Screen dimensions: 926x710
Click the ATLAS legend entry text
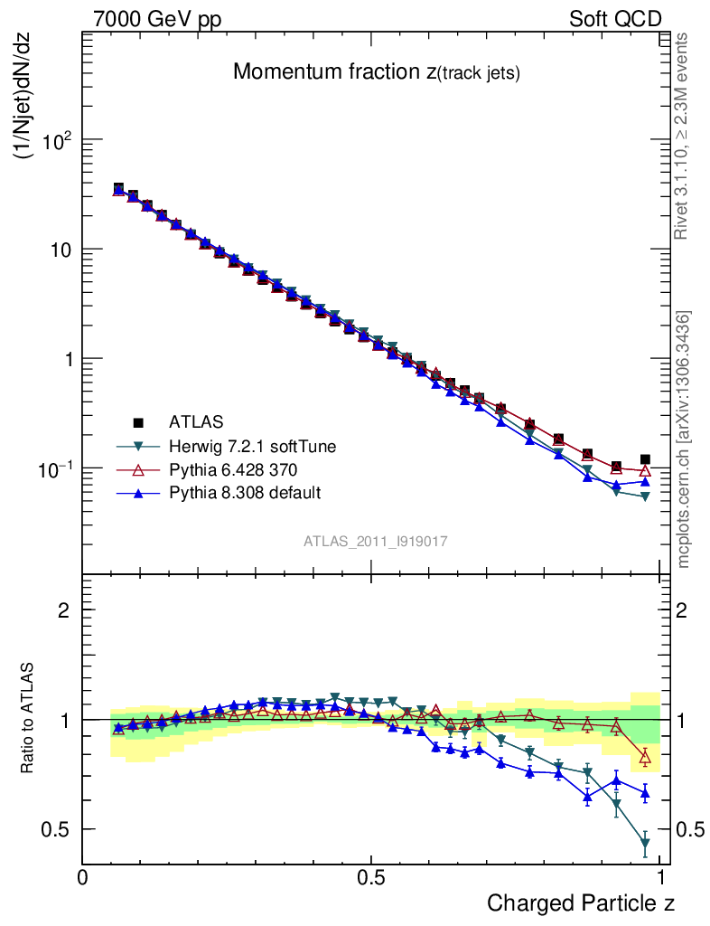point(195,421)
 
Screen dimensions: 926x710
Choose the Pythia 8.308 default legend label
point(244,493)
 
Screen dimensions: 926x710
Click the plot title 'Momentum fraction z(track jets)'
point(376,72)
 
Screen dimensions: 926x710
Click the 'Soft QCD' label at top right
point(615,19)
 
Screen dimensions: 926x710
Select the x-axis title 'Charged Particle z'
point(581,902)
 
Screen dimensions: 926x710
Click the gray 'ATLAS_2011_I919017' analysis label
point(375,541)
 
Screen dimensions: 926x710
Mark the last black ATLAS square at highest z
point(645,459)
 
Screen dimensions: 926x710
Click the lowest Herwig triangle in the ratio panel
point(645,845)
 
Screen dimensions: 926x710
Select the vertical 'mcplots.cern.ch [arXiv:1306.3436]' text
point(684,439)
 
